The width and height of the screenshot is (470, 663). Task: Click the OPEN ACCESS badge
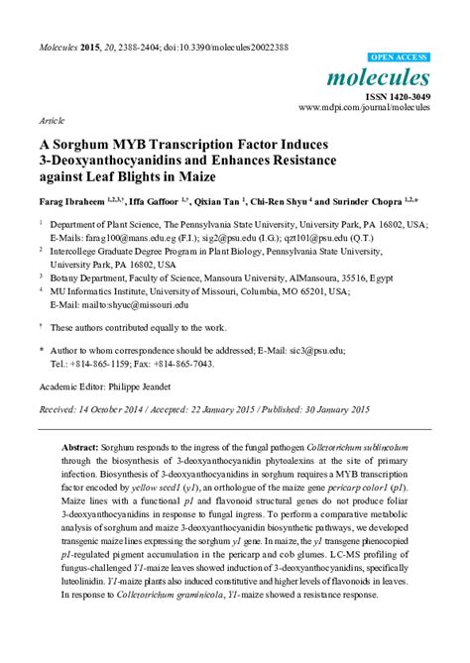click(399, 58)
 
